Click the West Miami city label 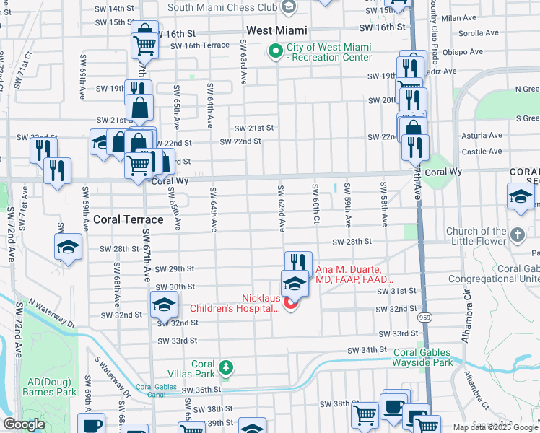pyautogui.click(x=276, y=31)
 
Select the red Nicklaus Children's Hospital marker pyautogui.click(x=292, y=303)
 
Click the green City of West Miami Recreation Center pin pyautogui.click(x=275, y=51)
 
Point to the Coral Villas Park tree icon pyautogui.click(x=226, y=368)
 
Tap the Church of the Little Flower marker pyautogui.click(x=518, y=235)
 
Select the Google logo pyautogui.click(x=24, y=424)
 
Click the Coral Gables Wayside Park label pyautogui.click(x=423, y=357)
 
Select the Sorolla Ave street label pyautogui.click(x=481, y=33)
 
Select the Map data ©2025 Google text pyautogui.click(x=495, y=427)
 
